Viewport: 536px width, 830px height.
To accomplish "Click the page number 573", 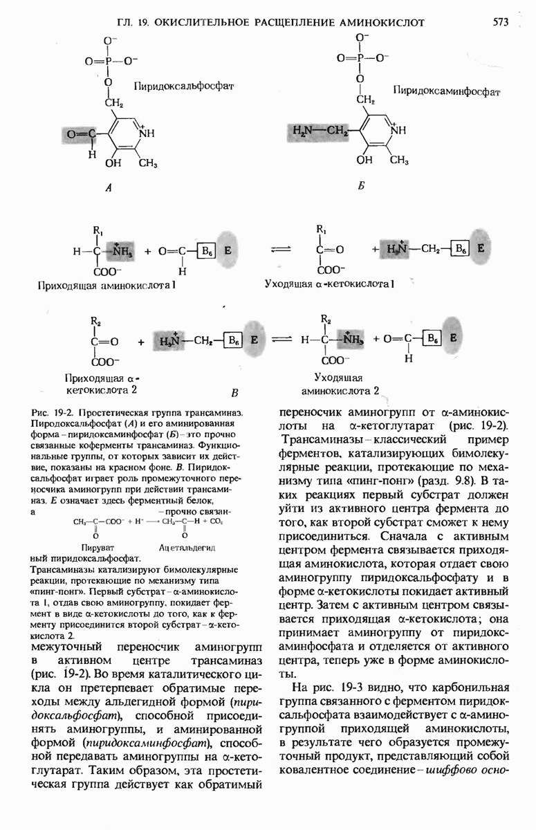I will [501, 22].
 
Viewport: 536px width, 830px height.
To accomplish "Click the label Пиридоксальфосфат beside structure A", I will [184, 86].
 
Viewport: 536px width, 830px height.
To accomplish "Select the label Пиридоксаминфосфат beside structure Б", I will [446, 91].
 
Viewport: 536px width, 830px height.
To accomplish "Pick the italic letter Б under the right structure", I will [360, 187].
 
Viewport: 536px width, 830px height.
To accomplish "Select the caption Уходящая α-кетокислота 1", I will [329, 284].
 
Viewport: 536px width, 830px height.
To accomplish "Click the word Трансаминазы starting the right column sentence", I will [318, 439].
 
